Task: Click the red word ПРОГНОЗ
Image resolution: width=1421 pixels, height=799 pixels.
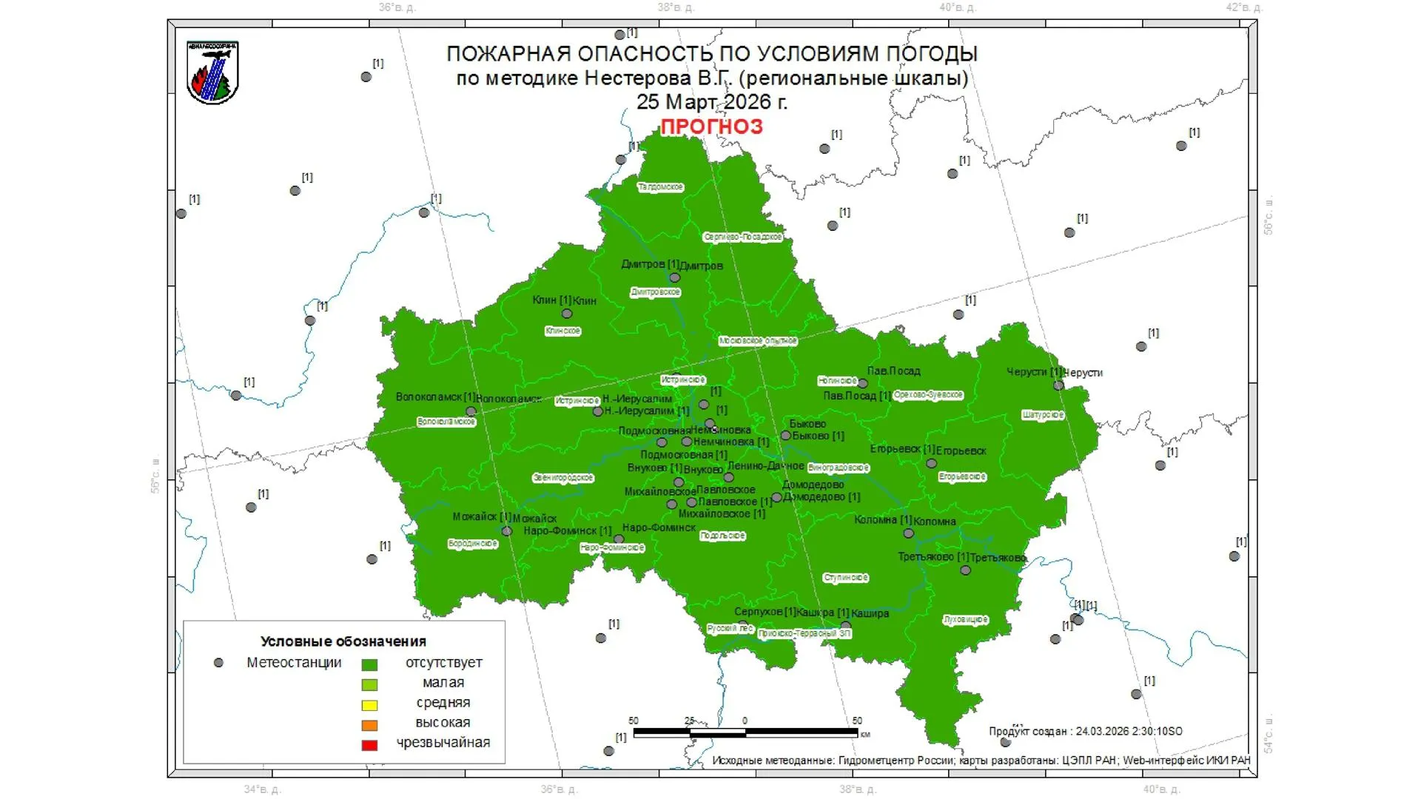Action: click(x=711, y=127)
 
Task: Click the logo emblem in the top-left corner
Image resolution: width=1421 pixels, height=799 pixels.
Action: click(x=212, y=73)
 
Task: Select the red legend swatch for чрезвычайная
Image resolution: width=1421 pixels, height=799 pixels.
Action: click(x=369, y=745)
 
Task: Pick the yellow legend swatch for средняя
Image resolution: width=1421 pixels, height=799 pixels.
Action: click(x=369, y=705)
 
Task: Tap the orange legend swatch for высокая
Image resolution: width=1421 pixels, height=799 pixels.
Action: click(x=369, y=725)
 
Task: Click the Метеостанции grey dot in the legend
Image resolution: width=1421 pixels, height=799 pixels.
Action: click(x=218, y=663)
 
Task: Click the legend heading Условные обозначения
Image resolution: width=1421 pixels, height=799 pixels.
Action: click(x=343, y=641)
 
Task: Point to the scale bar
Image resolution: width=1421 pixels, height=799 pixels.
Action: click(x=745, y=732)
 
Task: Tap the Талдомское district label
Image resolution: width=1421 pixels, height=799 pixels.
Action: click(x=660, y=187)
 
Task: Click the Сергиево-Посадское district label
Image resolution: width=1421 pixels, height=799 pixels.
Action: click(x=742, y=237)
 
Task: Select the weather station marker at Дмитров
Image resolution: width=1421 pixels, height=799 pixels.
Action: click(x=674, y=278)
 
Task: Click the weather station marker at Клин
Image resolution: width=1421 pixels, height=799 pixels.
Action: click(x=567, y=314)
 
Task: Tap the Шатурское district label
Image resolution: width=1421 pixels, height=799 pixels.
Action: click(x=1043, y=415)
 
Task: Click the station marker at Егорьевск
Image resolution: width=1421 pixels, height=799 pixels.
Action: click(x=932, y=464)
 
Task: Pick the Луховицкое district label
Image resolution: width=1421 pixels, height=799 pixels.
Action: click(x=966, y=620)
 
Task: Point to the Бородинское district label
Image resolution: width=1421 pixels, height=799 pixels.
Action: click(x=473, y=544)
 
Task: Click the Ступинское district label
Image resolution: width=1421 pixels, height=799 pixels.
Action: click(x=845, y=578)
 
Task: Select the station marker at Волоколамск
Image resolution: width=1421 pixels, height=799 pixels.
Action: click(x=471, y=411)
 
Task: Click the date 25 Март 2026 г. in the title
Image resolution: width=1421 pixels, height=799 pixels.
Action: click(x=711, y=101)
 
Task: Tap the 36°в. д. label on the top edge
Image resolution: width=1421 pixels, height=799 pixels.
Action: click(x=397, y=7)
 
